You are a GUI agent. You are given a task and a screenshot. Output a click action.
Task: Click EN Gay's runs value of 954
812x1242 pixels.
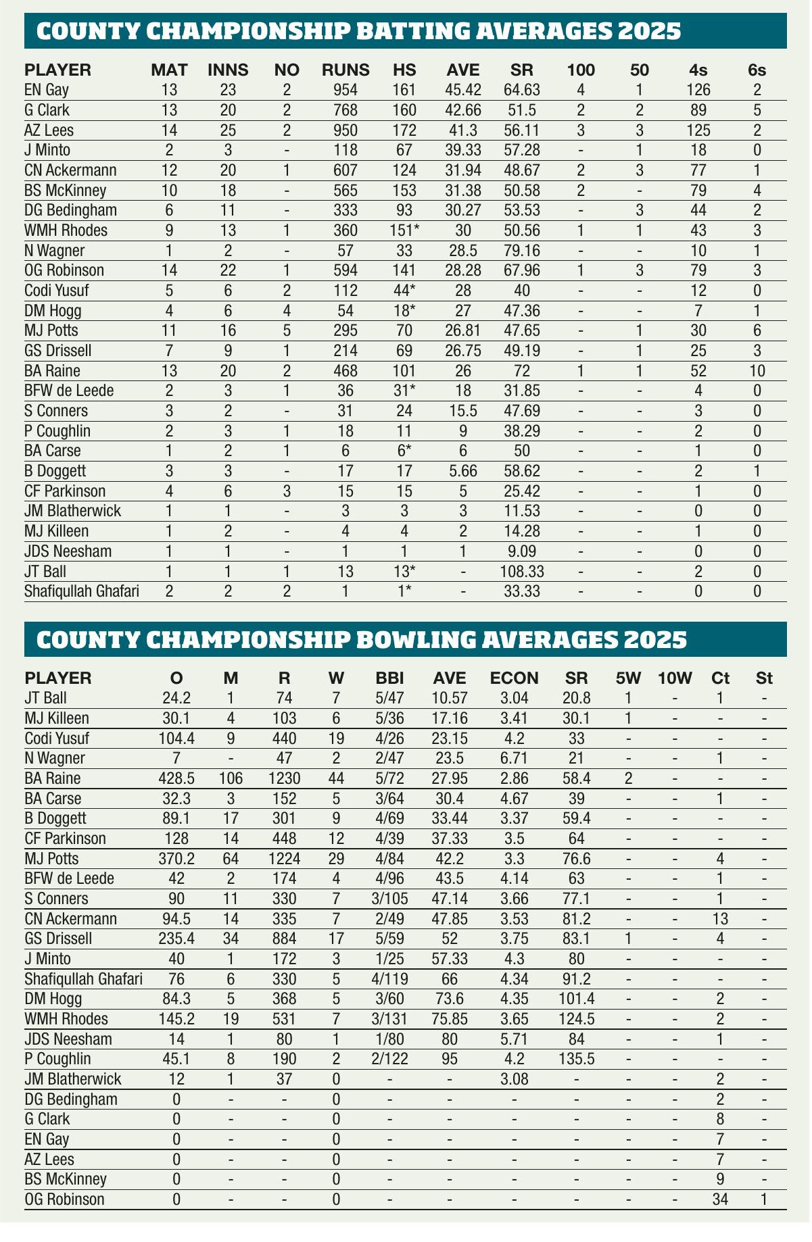coord(345,90)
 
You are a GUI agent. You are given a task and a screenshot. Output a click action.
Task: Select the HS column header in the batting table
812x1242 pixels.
coord(404,70)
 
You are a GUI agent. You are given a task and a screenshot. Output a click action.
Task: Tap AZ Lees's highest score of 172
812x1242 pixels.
coord(404,130)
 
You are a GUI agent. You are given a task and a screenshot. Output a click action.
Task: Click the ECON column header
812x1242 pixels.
coord(514,678)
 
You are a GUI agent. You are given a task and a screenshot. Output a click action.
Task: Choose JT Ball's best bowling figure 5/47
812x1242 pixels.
coord(393,698)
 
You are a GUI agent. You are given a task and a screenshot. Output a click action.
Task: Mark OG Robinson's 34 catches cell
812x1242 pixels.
coord(720,1200)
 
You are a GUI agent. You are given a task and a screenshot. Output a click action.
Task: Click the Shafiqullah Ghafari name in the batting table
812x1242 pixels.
coord(82,592)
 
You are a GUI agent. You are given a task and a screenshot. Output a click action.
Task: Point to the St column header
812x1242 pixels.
coord(764,678)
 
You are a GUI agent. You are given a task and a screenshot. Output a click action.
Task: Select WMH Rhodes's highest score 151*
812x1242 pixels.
coord(404,230)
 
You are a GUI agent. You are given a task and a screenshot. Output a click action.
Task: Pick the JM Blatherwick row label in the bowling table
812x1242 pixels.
coord(72,1079)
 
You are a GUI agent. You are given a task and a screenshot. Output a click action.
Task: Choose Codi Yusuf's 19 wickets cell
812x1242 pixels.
coord(335,738)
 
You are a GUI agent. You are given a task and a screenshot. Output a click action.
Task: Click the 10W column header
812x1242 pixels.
coord(675,678)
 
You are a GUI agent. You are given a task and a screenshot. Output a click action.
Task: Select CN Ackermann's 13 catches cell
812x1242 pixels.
coord(720,919)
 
